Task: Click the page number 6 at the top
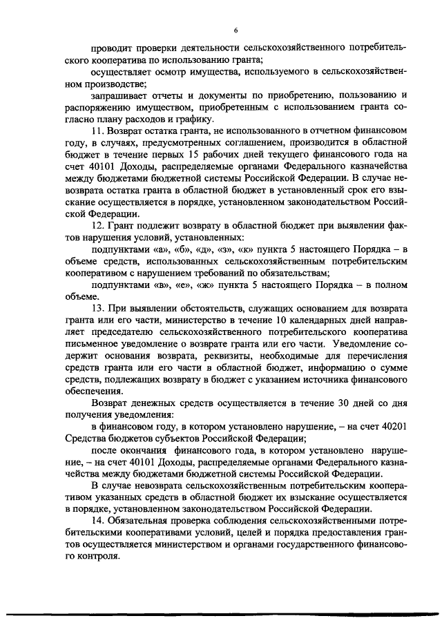point(236,31)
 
